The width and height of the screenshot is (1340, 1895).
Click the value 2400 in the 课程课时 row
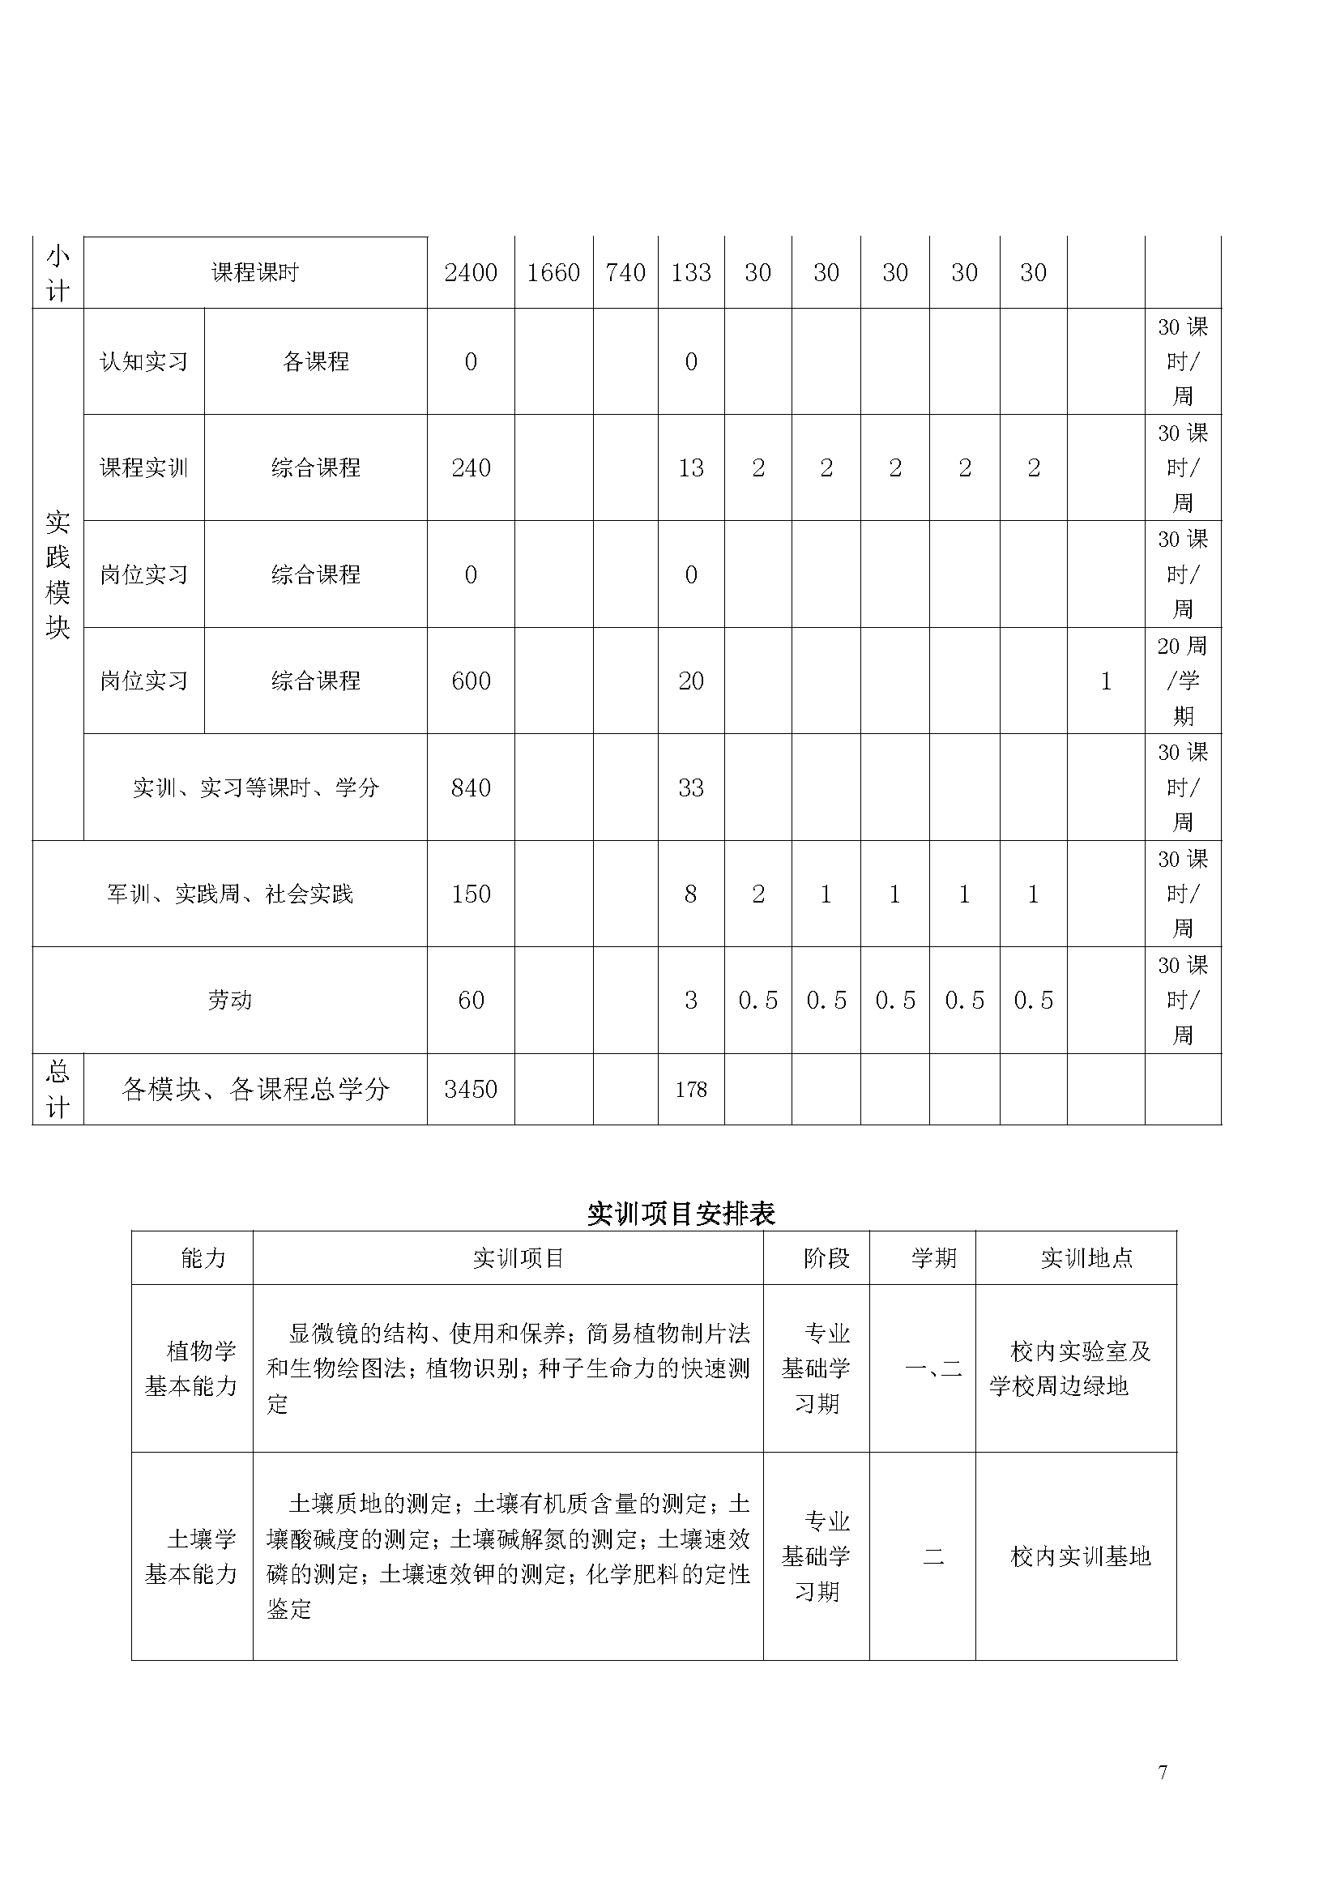coord(471,273)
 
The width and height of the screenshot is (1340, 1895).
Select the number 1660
coord(553,273)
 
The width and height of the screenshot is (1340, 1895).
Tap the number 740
coord(625,273)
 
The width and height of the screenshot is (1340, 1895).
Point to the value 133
coord(690,273)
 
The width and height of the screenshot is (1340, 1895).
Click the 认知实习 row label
coord(143,361)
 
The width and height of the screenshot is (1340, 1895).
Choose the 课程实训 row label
coord(143,468)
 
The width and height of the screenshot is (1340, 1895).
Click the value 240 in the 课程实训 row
coord(471,468)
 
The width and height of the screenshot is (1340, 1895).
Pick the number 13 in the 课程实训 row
coord(690,468)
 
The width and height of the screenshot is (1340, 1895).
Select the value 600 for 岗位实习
coord(471,681)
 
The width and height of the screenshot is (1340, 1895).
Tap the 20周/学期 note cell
coord(1182,681)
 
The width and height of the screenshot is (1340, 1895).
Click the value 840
coord(471,787)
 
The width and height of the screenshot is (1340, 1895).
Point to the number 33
coord(690,787)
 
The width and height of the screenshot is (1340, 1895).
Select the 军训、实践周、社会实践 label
coord(229,894)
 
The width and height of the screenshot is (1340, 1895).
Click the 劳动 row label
coord(229,1001)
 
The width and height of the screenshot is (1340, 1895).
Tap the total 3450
coord(471,1090)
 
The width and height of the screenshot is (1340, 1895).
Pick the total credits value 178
coord(690,1090)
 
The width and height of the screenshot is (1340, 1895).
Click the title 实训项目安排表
coord(681,1214)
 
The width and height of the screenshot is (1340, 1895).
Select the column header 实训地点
coord(1086,1258)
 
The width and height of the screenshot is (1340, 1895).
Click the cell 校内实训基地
coord(1080,1556)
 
